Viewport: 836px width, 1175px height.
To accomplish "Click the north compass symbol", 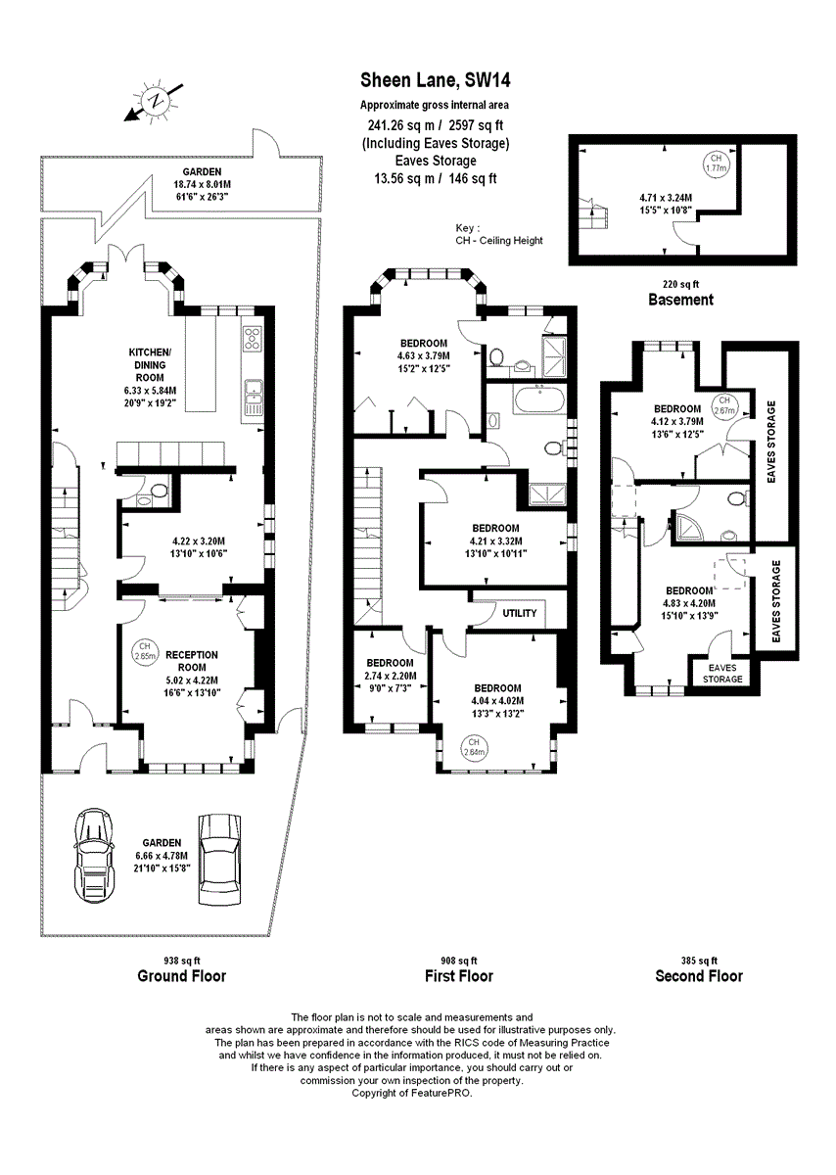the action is coord(154,101).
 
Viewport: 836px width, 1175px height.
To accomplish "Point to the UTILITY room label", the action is coord(520,614).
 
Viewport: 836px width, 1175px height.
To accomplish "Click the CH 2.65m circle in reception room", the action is coord(144,650).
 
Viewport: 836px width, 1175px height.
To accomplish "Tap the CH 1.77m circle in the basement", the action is coord(716,163).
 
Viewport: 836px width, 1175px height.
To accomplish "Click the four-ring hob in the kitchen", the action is coord(252,339).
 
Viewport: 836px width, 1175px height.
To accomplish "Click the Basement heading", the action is coord(680,300).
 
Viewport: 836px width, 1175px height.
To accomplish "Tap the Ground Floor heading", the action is coord(182,975).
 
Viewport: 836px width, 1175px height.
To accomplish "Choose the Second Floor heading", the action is coord(699,975).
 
